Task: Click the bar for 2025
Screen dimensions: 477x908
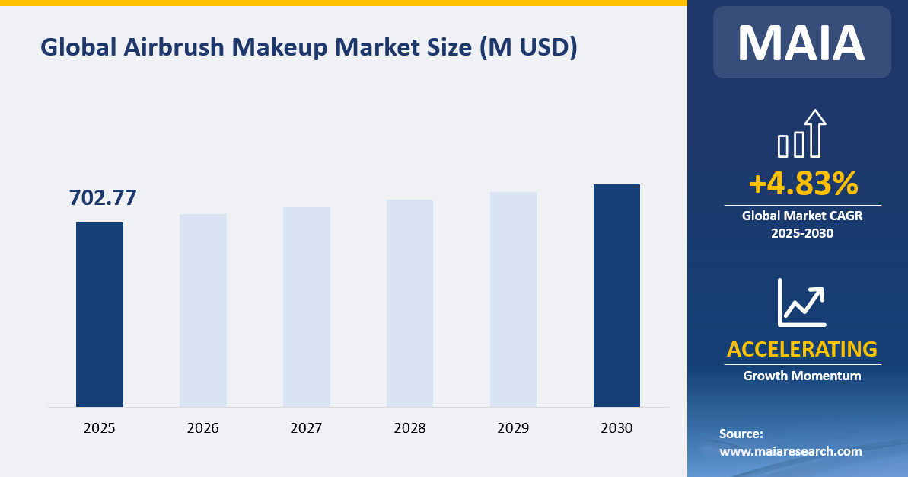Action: (x=100, y=314)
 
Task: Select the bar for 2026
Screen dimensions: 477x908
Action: (x=203, y=310)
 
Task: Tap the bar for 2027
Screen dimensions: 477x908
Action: (x=307, y=306)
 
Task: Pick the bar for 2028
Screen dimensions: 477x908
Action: (x=409, y=303)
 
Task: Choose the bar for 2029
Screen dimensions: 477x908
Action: (x=513, y=299)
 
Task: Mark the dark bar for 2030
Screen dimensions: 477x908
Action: (x=616, y=295)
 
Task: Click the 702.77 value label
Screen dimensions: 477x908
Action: (x=103, y=197)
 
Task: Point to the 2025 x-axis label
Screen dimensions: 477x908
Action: (x=100, y=428)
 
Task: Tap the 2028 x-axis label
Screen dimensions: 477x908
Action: (x=409, y=428)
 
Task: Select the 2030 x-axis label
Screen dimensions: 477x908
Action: (x=616, y=428)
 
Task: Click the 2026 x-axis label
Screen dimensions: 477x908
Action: (x=203, y=428)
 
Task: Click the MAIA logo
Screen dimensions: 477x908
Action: (x=801, y=43)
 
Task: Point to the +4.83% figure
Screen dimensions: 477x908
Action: (x=803, y=184)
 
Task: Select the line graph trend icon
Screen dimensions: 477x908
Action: (x=801, y=303)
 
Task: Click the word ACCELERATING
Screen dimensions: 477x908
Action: (x=802, y=349)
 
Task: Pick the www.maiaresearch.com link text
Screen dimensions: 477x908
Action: (x=791, y=451)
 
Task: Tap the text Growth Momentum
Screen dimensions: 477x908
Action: (x=802, y=376)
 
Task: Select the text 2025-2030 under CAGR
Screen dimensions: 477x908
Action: (x=802, y=233)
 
